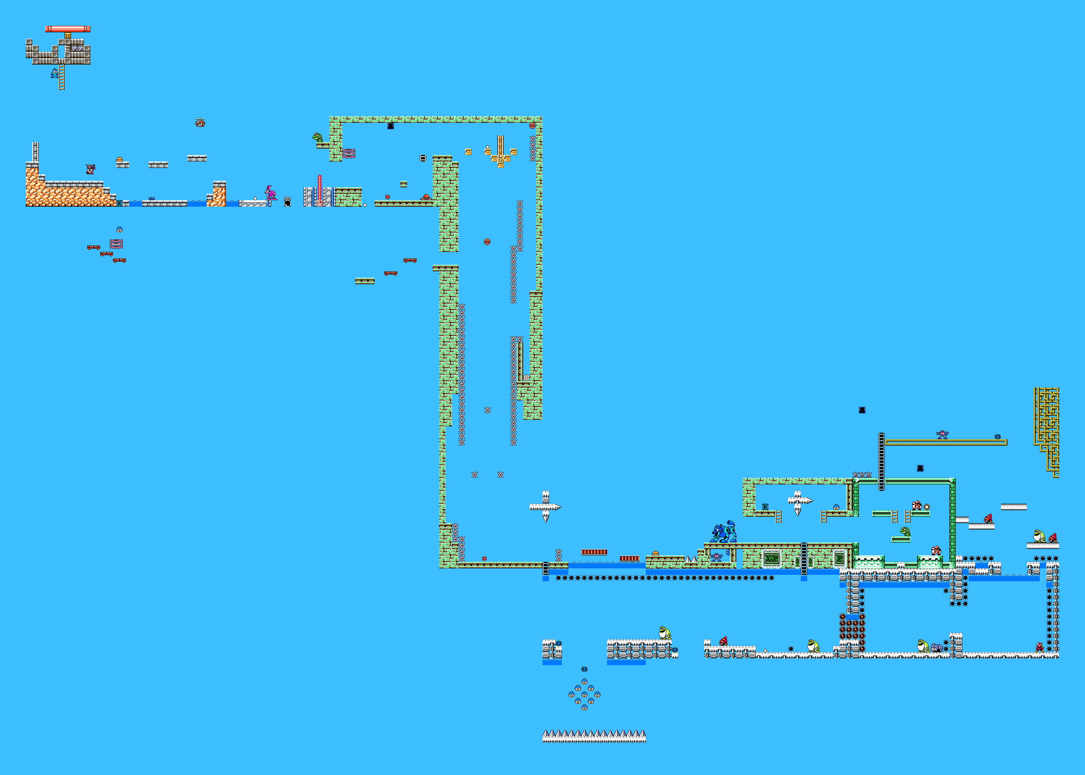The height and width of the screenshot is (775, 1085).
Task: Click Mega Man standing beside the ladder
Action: point(55,73)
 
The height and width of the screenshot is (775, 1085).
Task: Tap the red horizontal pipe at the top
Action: point(68,29)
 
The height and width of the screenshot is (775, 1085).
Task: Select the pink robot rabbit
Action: point(270,193)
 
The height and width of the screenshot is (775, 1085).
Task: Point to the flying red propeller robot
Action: point(200,123)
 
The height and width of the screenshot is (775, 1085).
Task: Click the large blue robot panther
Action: point(723,532)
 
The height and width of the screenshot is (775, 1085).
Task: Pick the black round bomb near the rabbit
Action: point(287,203)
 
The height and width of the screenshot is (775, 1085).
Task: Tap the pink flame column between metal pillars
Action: point(320,190)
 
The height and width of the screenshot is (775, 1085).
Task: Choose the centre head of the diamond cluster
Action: point(584,695)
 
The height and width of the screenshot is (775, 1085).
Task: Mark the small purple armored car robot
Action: point(936,647)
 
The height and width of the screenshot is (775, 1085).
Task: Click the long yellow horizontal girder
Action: point(946,442)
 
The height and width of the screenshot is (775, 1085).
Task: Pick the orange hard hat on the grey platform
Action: point(119,160)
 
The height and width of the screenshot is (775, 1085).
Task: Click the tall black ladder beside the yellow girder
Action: point(882,461)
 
